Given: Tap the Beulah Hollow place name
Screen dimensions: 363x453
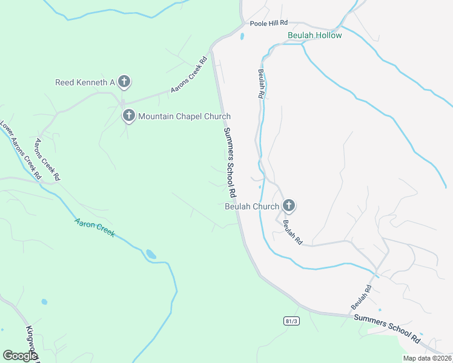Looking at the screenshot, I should (x=314, y=35).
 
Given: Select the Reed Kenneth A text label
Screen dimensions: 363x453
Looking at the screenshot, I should (x=85, y=82).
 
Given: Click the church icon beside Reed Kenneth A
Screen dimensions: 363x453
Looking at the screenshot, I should (x=124, y=81).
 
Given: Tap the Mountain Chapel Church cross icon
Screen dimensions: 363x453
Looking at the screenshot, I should (x=128, y=115).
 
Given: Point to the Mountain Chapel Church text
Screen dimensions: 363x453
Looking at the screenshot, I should (x=184, y=116).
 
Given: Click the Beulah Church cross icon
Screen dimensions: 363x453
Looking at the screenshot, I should (x=289, y=206).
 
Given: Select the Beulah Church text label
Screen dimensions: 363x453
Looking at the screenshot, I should (x=251, y=206).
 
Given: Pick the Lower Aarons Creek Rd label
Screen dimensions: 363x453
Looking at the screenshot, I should (x=21, y=151).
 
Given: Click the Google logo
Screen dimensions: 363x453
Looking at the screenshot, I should (x=19, y=356).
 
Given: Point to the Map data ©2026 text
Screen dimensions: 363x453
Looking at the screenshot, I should (x=427, y=358).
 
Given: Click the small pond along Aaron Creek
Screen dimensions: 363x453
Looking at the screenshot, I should (x=151, y=255).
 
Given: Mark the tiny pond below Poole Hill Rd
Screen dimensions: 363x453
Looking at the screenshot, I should (x=242, y=36).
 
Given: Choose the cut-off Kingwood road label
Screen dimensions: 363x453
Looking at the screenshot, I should (x=31, y=344).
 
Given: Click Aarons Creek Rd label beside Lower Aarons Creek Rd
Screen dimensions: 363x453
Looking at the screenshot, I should (x=47, y=160).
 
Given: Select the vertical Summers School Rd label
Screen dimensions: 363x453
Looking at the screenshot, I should (x=229, y=163).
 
